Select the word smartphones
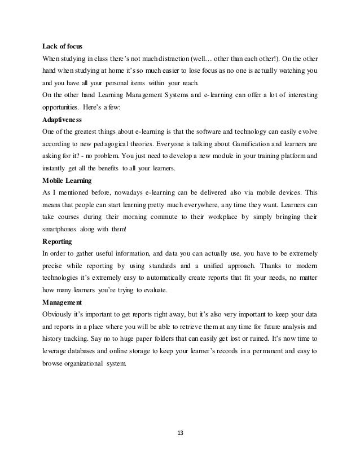(63, 228)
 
